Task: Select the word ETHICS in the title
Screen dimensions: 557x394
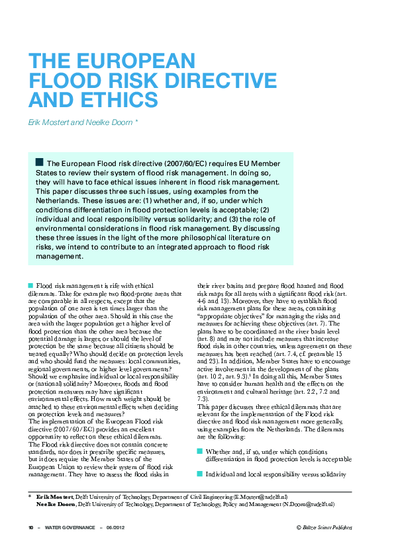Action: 117,100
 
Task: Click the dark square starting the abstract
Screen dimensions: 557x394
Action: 40,162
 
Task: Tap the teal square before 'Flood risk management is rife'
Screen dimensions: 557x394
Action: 30,284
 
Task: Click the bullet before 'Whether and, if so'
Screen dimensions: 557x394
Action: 201,432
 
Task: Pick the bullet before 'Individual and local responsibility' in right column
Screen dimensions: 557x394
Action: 201,456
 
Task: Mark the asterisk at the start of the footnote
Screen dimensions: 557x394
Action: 30,496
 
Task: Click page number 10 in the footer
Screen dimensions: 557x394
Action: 30,527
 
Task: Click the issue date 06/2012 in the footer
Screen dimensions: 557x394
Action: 116,527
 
